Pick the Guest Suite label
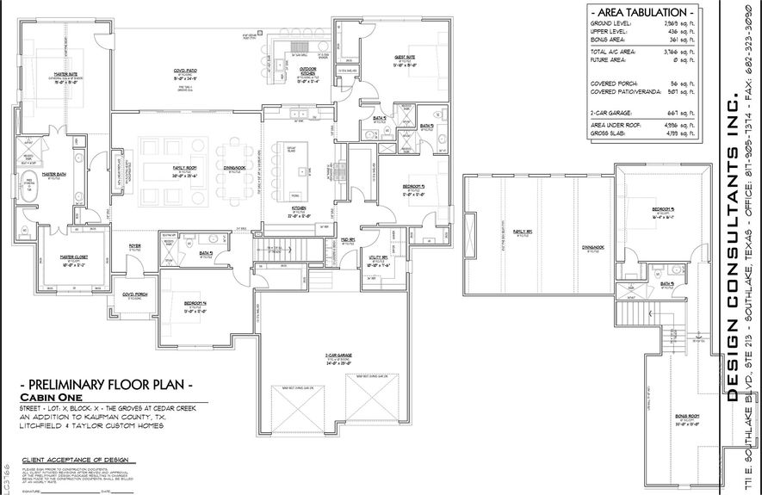[x=404, y=59]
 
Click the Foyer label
[x=135, y=221]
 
